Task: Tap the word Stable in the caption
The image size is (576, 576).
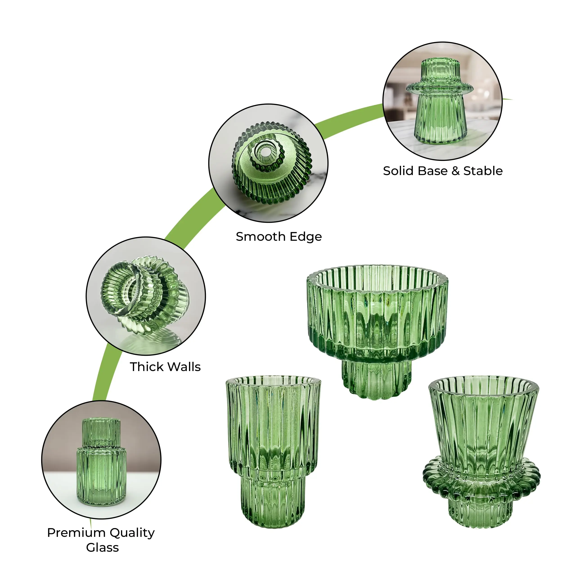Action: coord(483,171)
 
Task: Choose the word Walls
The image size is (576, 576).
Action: coord(184,367)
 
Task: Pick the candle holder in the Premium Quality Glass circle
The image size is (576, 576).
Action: coord(101,462)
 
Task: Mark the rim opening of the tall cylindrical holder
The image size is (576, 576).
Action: coord(273,382)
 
